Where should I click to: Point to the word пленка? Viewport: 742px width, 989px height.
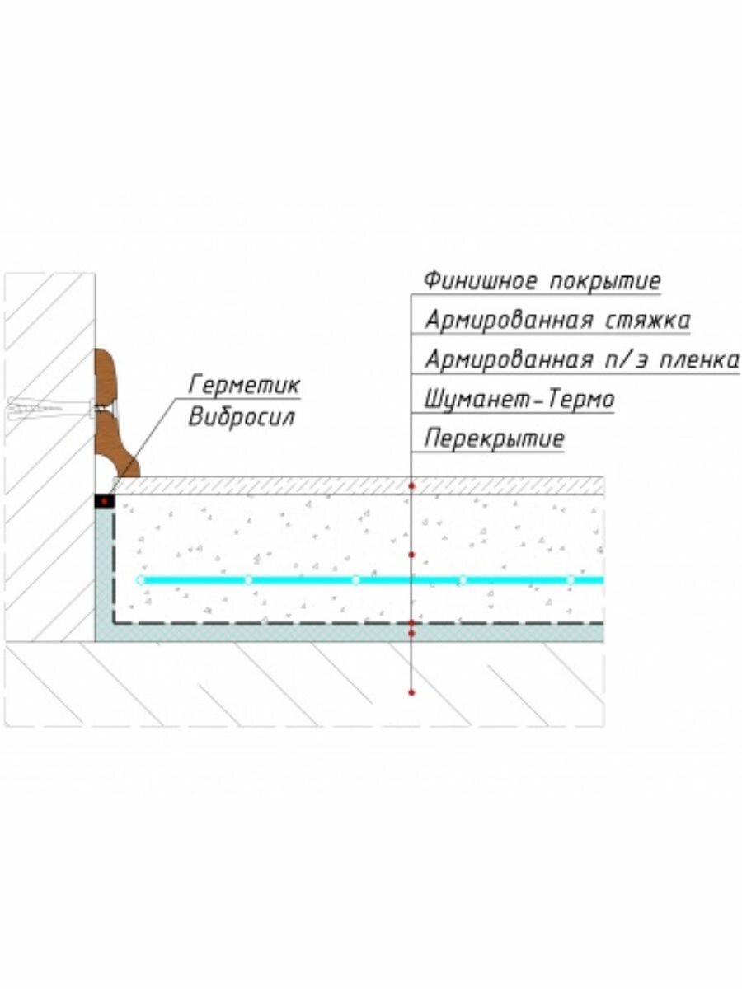tap(693, 360)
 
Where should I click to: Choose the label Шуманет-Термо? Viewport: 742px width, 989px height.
tap(519, 400)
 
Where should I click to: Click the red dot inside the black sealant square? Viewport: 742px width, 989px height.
tap(104, 502)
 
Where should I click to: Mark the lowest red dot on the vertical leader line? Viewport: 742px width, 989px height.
tap(411, 692)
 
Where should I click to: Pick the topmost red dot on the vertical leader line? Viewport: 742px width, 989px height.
tap(411, 486)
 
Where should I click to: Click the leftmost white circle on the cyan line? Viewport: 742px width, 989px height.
tap(141, 580)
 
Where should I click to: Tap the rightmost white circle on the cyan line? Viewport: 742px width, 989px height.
tap(570, 580)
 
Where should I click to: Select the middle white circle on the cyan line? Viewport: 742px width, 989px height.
tap(355, 580)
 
